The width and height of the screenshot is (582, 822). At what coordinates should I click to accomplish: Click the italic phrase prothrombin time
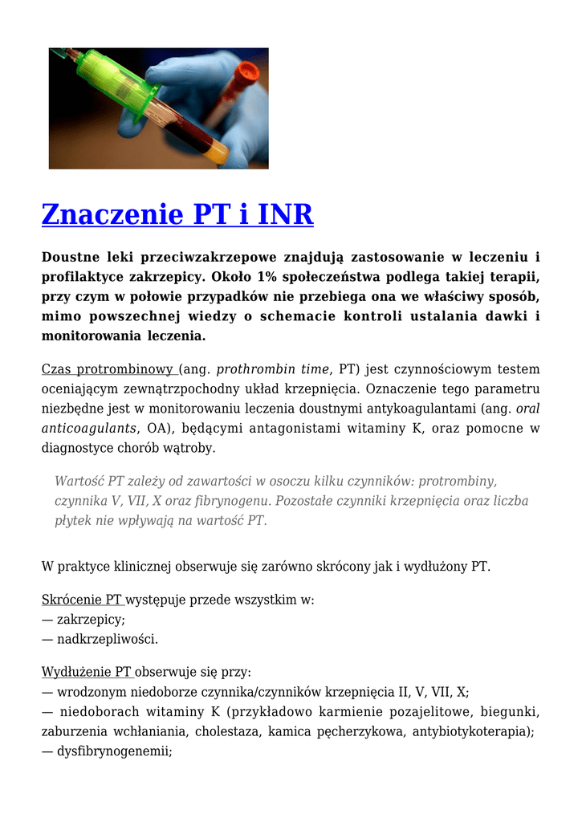272,369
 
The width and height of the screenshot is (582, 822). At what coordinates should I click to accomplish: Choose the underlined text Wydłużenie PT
87,672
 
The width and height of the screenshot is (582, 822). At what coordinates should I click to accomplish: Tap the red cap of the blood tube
246,72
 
